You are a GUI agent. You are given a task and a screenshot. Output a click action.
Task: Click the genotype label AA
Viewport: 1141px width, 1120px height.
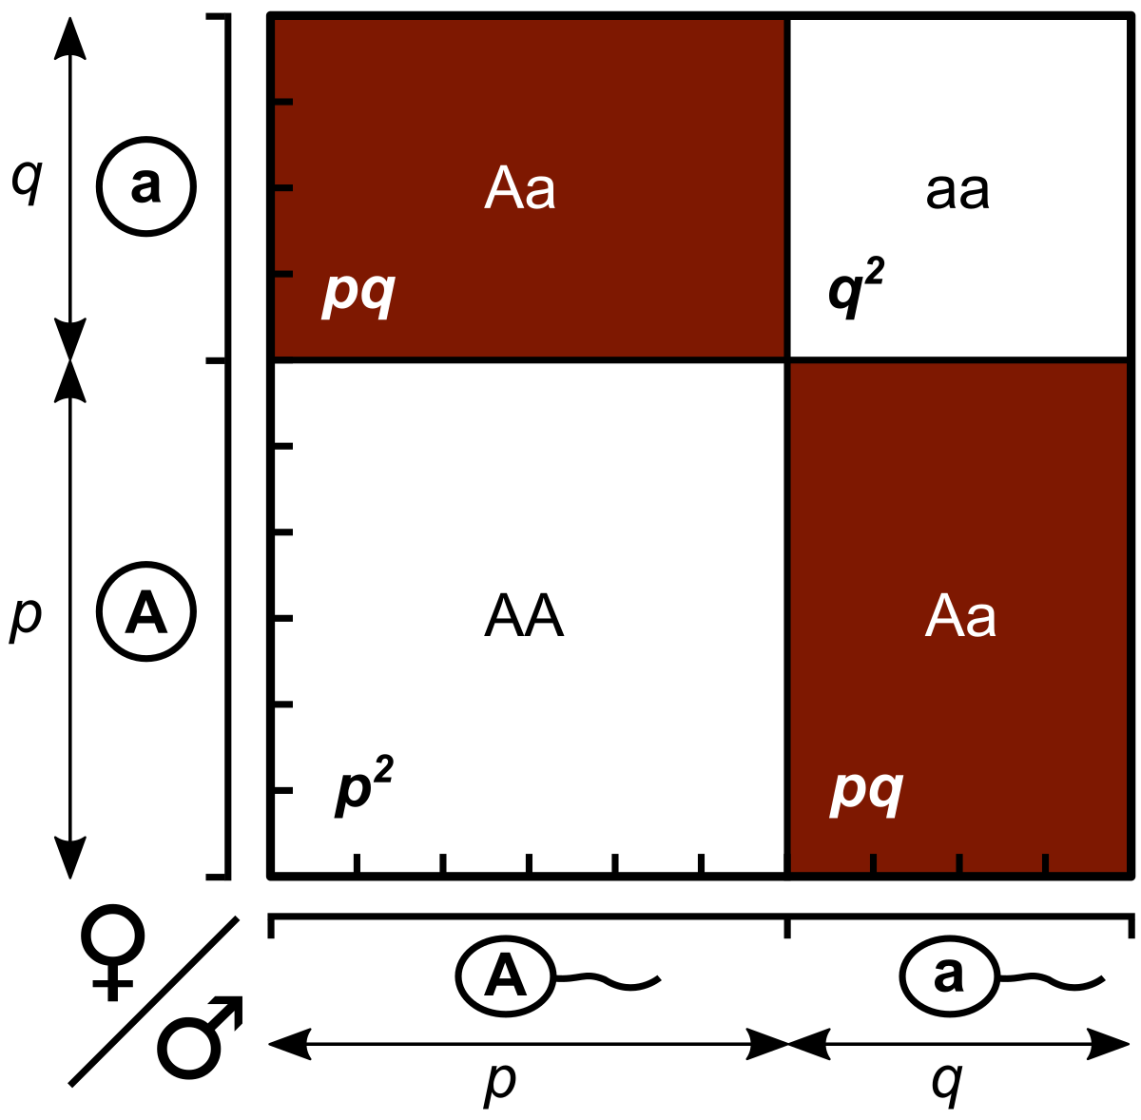pos(524,617)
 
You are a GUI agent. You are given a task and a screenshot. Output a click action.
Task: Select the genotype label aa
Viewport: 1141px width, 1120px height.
pos(957,191)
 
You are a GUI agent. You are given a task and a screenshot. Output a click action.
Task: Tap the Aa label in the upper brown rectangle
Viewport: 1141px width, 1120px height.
pos(520,189)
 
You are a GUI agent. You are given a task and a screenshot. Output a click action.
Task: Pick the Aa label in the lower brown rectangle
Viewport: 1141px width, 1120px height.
pos(960,617)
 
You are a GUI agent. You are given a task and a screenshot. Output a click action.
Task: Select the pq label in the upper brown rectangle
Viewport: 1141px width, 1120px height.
pos(358,294)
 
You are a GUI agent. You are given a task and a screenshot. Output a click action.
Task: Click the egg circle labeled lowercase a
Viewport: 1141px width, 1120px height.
pos(145,186)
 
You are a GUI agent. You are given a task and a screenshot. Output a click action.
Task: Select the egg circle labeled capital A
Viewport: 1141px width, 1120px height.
pos(145,612)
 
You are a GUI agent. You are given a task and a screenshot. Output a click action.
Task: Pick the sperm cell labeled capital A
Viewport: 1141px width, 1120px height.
pos(506,975)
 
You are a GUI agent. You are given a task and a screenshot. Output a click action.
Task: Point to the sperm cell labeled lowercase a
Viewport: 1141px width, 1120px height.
pos(949,975)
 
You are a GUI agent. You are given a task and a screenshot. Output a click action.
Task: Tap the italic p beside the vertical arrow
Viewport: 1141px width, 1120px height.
pos(26,617)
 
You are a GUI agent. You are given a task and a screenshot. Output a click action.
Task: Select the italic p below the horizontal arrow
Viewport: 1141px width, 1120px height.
pos(500,1082)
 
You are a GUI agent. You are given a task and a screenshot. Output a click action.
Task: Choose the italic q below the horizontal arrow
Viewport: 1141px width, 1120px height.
pos(947,1082)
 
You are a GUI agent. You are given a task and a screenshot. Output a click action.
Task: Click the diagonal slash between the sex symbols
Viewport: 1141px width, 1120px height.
pos(152,1001)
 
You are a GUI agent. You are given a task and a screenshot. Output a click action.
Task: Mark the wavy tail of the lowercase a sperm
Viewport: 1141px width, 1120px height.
pos(1051,977)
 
